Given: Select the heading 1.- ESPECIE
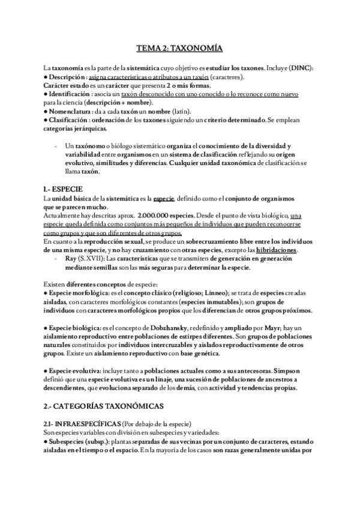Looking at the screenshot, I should (59, 188).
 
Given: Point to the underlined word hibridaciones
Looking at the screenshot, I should (273, 250).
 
